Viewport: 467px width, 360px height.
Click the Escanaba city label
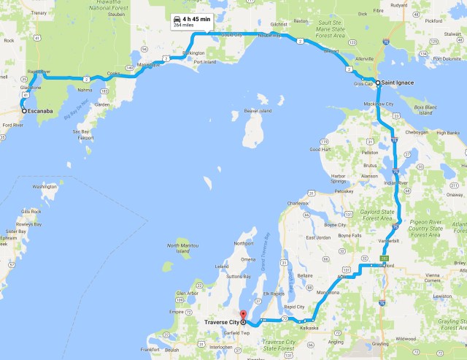coord(42,112)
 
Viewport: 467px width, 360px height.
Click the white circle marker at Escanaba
coord(23,112)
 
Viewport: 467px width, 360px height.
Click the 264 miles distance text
coord(183,25)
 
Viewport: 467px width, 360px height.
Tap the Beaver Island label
coord(256,111)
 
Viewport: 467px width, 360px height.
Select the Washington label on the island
coord(45,186)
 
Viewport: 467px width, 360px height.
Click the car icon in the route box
coord(177,18)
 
